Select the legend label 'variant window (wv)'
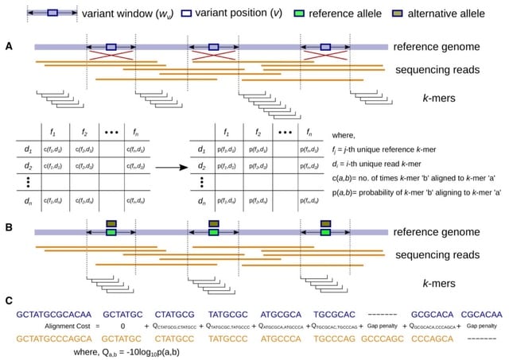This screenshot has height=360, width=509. pos(121,13)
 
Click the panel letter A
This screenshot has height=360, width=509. pos(9,48)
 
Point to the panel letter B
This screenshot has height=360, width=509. pos(9,229)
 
